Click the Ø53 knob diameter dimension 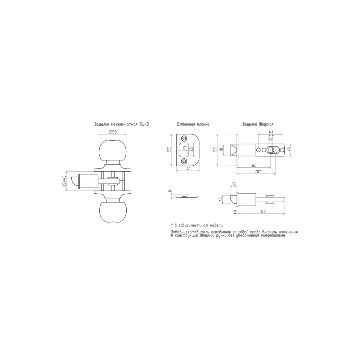[112, 132]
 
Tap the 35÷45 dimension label [64, 181]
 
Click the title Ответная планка [193, 124]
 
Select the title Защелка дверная [258, 124]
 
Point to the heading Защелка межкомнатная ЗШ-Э [121, 124]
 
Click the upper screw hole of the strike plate [184, 139]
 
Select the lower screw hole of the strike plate [184, 161]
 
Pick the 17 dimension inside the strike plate [184, 148]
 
